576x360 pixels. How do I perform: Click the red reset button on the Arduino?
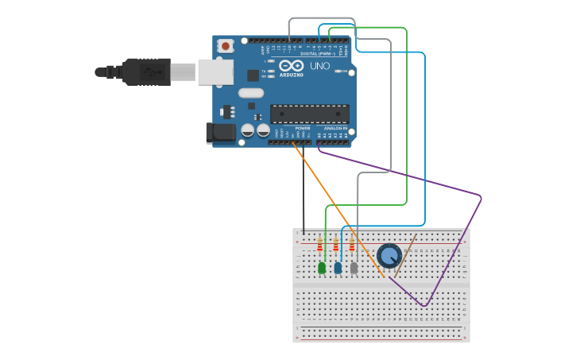pos(226,46)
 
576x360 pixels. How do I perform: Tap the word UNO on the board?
pos(319,66)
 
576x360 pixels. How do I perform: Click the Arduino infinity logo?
pos(291,66)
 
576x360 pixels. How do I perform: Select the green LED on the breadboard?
pos(322,268)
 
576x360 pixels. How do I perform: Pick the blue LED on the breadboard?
pos(338,268)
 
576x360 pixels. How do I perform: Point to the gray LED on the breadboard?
pos(354,268)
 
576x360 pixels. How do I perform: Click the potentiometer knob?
pos(389,255)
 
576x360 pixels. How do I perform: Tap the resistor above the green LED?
pos(320,245)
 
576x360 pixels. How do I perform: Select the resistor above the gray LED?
pos(352,245)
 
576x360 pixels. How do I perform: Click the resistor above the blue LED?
pos(336,245)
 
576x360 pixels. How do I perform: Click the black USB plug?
pos(143,72)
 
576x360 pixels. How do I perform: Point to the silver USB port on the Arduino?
pos(215,72)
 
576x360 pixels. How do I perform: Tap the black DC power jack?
pos(221,133)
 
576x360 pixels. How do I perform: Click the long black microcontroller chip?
pos(309,114)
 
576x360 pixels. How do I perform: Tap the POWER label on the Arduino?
pos(303,128)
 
